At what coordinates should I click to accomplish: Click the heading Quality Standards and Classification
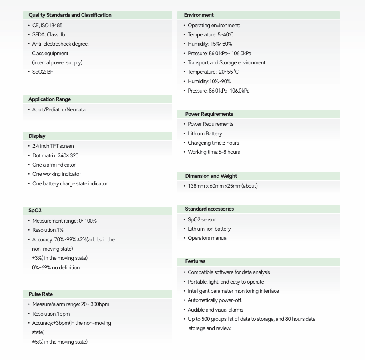(x=70, y=15)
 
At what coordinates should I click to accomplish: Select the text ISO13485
(x=52, y=25)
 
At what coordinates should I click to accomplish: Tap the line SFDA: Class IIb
(x=48, y=34)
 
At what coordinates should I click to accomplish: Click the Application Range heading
(x=49, y=99)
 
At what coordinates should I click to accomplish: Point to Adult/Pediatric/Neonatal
(x=59, y=109)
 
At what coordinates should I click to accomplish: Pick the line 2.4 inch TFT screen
(x=53, y=146)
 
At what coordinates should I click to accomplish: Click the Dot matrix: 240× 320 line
(x=55, y=155)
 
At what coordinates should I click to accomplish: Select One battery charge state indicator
(x=70, y=183)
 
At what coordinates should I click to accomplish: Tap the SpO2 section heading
(x=35, y=210)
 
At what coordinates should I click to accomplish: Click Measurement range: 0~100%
(x=64, y=221)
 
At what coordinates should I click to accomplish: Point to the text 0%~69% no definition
(x=56, y=267)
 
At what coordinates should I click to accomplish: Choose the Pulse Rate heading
(x=40, y=294)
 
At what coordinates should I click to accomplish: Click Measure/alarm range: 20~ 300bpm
(x=70, y=304)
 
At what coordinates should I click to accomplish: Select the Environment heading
(x=199, y=15)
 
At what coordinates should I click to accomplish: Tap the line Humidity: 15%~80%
(x=210, y=44)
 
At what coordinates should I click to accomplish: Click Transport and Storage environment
(x=227, y=62)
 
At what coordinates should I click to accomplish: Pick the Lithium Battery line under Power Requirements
(x=205, y=133)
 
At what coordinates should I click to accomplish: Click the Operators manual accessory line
(x=207, y=238)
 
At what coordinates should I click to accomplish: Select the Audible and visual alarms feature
(x=215, y=310)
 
